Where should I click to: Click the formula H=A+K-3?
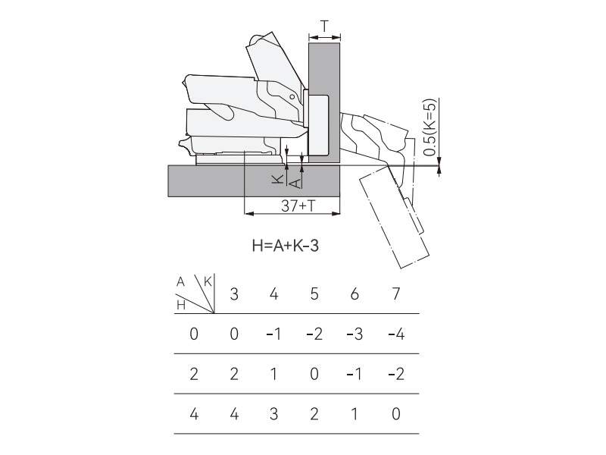[x=286, y=246]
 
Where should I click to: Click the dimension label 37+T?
[x=298, y=206]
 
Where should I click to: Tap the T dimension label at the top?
[x=325, y=27]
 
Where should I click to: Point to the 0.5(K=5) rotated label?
[x=430, y=127]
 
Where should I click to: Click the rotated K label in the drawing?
[x=277, y=179]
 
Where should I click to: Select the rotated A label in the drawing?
[x=295, y=183]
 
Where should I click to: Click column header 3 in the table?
[x=234, y=294]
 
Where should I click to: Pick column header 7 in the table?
[x=395, y=294]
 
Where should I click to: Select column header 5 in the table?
[x=314, y=294]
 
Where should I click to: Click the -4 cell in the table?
[x=396, y=334]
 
